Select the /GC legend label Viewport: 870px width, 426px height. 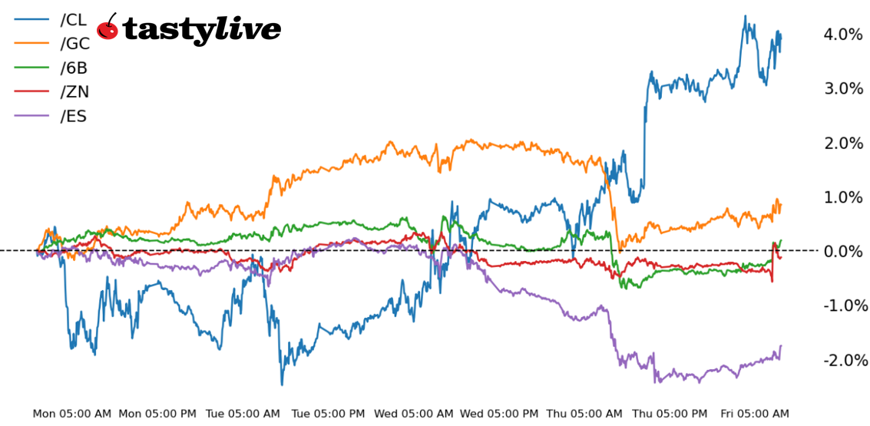[74, 45]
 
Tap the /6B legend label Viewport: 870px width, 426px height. [74, 68]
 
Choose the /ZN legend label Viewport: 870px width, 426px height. [74, 92]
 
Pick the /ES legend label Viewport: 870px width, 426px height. [73, 117]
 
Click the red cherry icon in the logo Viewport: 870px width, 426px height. [108, 28]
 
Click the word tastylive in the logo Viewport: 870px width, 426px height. [201, 29]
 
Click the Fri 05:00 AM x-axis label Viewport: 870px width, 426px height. [754, 414]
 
